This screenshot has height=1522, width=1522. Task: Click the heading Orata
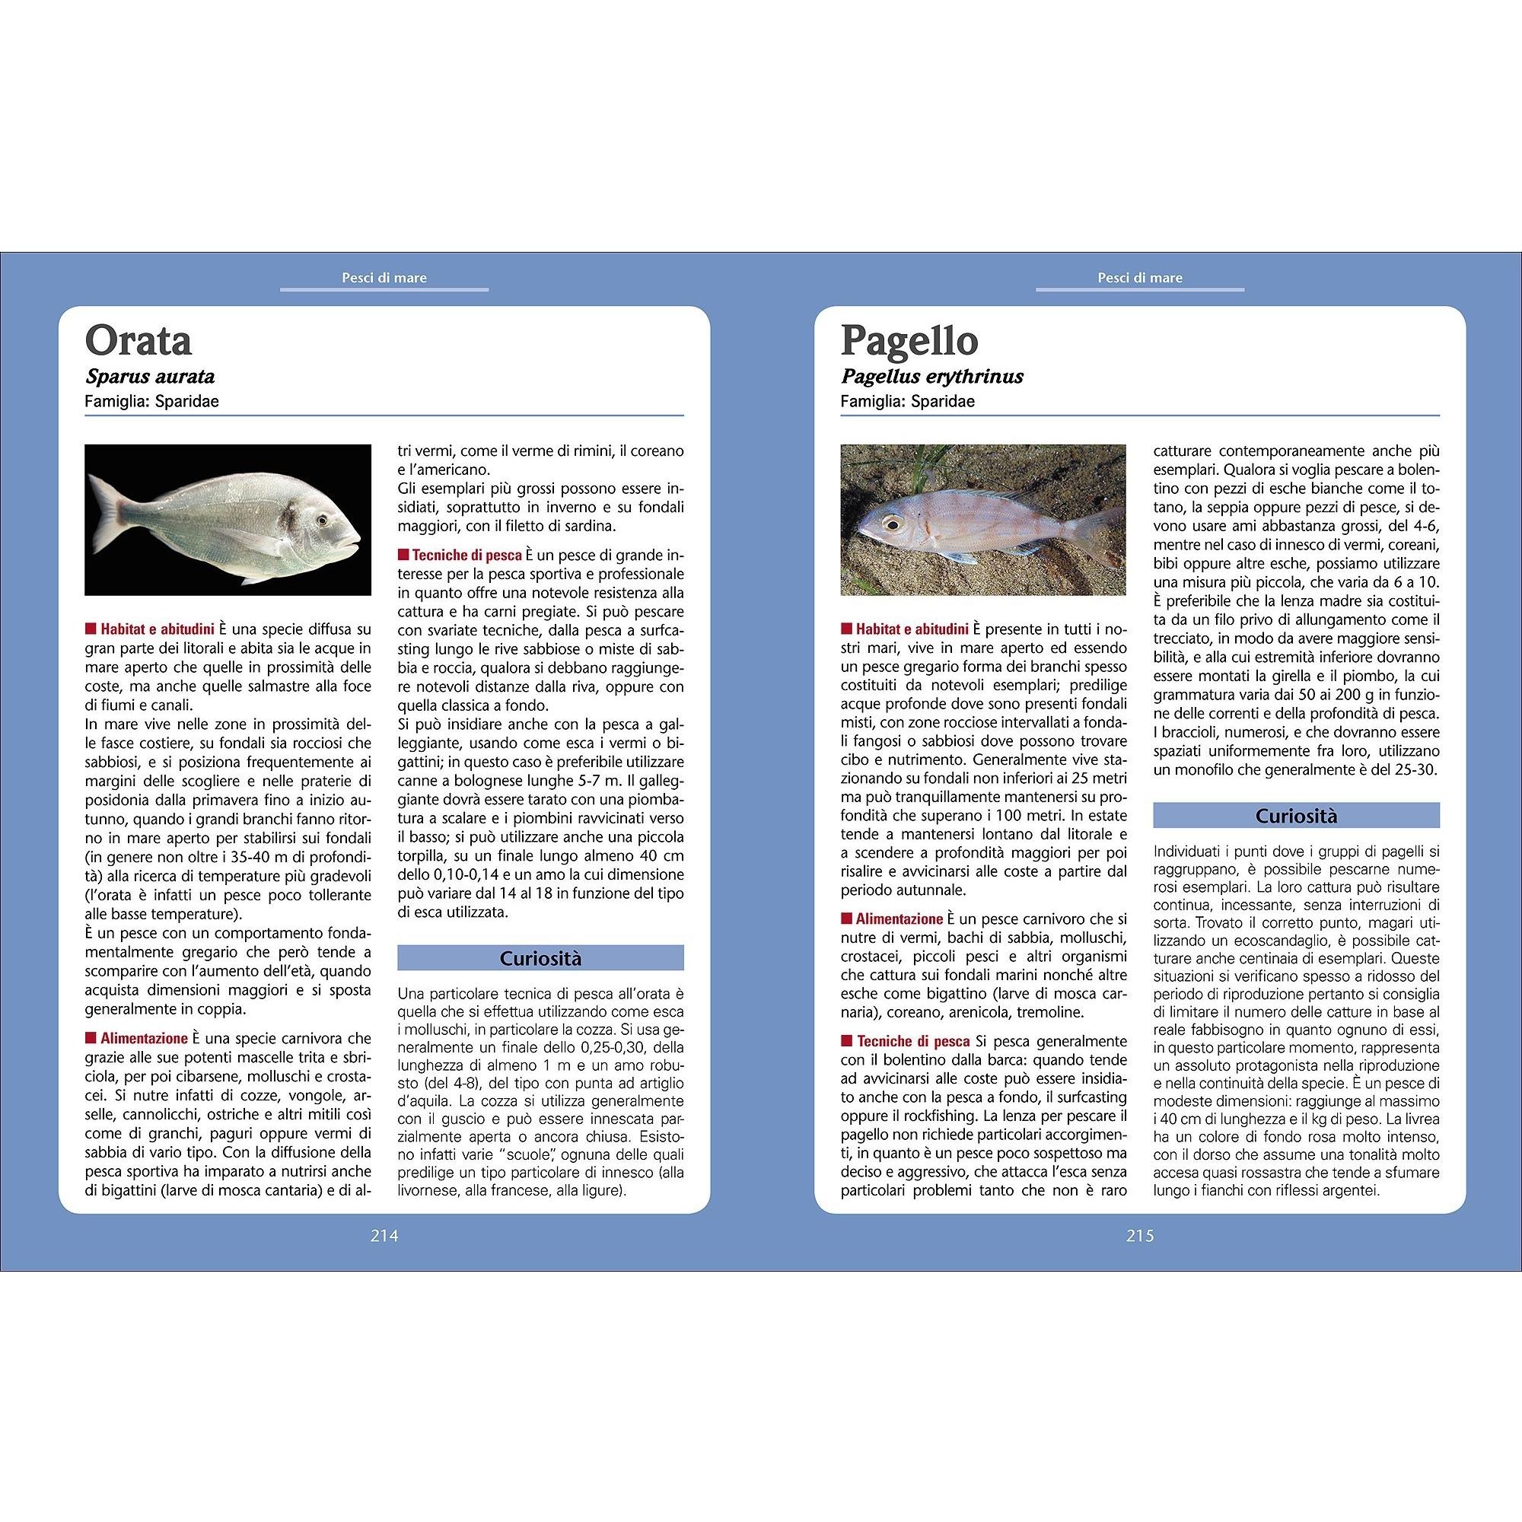pos(138,340)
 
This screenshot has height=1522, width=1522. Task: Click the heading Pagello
pos(909,340)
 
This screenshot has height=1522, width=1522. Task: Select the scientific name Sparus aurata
pos(150,377)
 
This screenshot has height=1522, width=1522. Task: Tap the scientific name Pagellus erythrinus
pos(932,377)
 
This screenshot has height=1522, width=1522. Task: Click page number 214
pos(384,1236)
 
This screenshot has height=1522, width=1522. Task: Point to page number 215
pos(1140,1236)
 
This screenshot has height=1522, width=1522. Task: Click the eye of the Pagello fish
pos(892,522)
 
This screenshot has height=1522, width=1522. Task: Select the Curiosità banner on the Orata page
pos(540,958)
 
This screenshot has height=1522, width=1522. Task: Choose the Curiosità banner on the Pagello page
pos(1296,815)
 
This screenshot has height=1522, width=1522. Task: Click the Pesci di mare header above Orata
pos(384,277)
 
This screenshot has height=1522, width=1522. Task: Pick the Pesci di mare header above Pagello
pos(1140,277)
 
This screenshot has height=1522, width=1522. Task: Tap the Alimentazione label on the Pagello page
pos(899,919)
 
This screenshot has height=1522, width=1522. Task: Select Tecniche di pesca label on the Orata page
pos(466,556)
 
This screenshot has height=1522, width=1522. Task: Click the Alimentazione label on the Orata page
pos(143,1038)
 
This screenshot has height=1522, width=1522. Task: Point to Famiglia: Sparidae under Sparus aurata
pos(151,401)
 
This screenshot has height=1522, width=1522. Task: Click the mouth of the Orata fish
pos(355,540)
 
